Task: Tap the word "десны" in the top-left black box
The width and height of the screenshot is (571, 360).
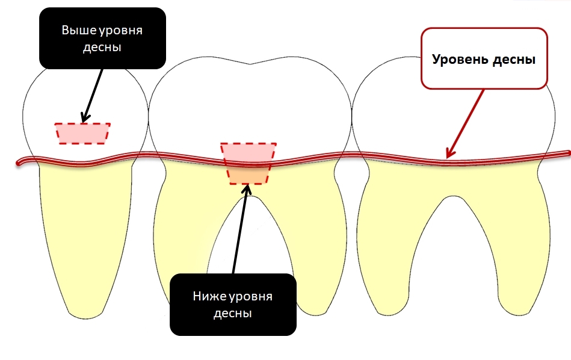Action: click(102, 48)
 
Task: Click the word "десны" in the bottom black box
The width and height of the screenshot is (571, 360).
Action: click(232, 314)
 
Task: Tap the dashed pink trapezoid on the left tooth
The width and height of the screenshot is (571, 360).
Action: click(82, 134)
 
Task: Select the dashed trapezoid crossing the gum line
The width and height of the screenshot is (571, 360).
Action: click(248, 164)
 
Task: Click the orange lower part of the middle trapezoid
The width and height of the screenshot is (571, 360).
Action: click(248, 176)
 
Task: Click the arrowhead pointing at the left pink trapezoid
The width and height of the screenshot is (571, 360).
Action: click(85, 117)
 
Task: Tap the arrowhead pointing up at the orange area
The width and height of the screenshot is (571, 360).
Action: click(247, 188)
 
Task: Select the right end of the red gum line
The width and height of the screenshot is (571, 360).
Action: click(567, 153)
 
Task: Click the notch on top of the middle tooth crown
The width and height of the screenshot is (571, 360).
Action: click(250, 64)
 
